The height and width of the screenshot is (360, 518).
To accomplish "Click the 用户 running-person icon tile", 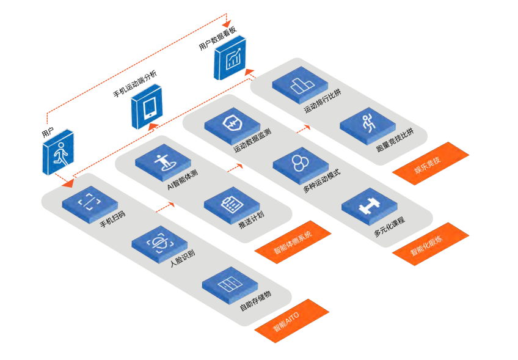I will [x=59, y=152].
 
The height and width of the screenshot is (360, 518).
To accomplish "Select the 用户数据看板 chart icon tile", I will [x=230, y=59].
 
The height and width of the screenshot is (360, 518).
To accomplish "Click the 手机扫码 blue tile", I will [x=90, y=202].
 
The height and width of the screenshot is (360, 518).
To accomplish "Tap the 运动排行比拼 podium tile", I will [x=300, y=84].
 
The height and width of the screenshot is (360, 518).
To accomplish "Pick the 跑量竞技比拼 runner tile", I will [x=368, y=123].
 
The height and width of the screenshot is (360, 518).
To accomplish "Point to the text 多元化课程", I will [x=389, y=226].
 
